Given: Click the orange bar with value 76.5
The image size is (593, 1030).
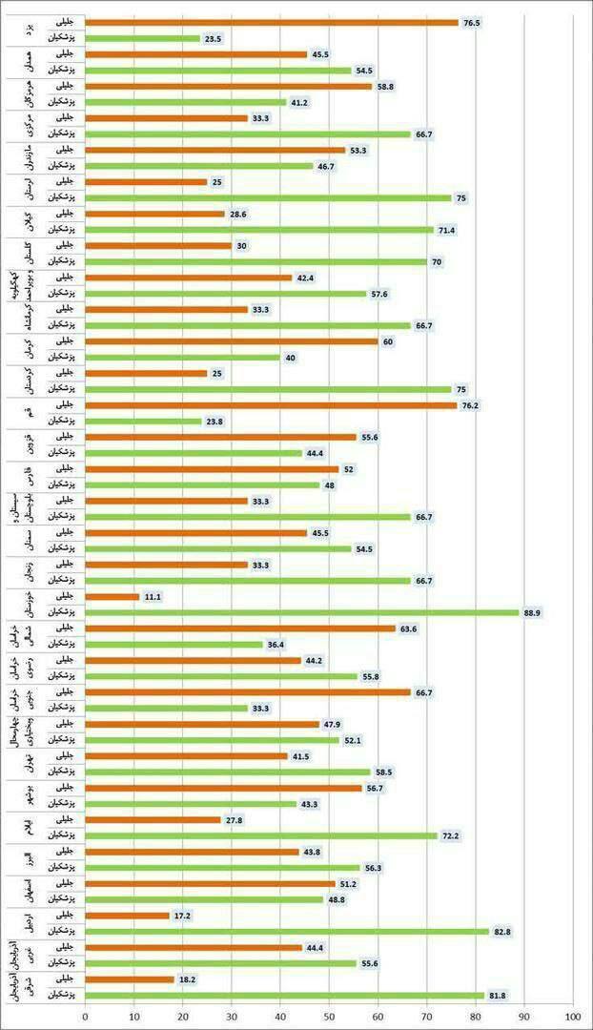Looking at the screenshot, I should pyautogui.click(x=272, y=22).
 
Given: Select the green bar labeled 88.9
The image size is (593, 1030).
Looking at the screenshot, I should pyautogui.click(x=302, y=613).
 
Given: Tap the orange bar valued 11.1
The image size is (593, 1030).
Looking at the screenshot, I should pyautogui.click(x=112, y=597).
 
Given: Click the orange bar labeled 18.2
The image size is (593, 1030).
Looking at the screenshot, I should pyautogui.click(x=130, y=979).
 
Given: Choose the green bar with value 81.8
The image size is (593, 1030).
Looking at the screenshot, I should pyautogui.click(x=284, y=996).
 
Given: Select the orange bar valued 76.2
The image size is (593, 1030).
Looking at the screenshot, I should pyautogui.click(x=271, y=405).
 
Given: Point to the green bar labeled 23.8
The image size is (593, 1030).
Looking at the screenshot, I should pyautogui.click(x=143, y=422).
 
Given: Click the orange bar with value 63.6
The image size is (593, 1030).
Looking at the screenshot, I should pyautogui.click(x=240, y=628).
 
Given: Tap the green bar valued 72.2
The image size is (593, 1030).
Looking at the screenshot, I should pyautogui.click(x=261, y=836).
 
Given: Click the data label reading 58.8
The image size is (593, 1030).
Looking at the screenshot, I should pyautogui.click(x=388, y=86).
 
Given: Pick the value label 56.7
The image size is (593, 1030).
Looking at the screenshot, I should pyautogui.click(x=378, y=788).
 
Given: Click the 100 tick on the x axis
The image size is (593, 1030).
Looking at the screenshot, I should pyautogui.click(x=573, y=1017).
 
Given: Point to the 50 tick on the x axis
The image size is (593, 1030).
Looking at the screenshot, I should pyautogui.click(x=329, y=1017).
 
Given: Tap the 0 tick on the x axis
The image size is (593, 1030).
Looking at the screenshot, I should pyautogui.click(x=85, y=1017).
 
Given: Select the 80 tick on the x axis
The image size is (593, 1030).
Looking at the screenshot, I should pyautogui.click(x=476, y=1017).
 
